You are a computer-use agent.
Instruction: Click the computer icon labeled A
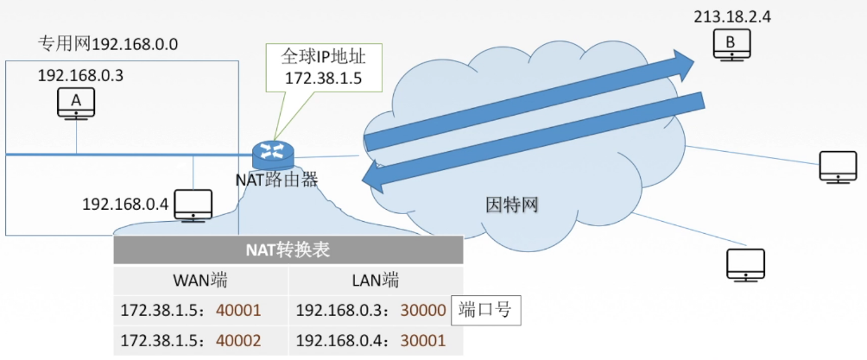(76, 104)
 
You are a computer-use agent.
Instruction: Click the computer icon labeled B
(731, 44)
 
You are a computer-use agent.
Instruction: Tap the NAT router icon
(274, 155)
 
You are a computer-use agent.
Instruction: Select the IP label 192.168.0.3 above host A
(80, 75)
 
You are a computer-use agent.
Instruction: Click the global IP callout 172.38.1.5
(324, 68)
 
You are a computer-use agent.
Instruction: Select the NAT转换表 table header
(288, 250)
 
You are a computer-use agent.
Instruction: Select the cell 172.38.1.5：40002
(191, 340)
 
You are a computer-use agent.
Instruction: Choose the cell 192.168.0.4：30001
(370, 340)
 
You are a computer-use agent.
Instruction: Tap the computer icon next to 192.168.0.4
(193, 205)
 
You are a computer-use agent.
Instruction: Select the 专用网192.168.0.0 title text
(107, 44)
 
